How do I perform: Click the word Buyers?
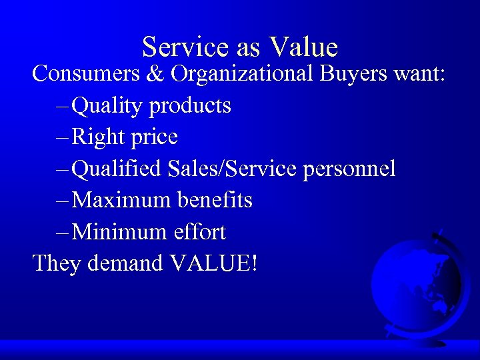[x=353, y=75]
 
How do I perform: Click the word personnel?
[x=349, y=170]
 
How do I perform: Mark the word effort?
[x=199, y=232]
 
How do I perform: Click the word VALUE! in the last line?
[x=214, y=263]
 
